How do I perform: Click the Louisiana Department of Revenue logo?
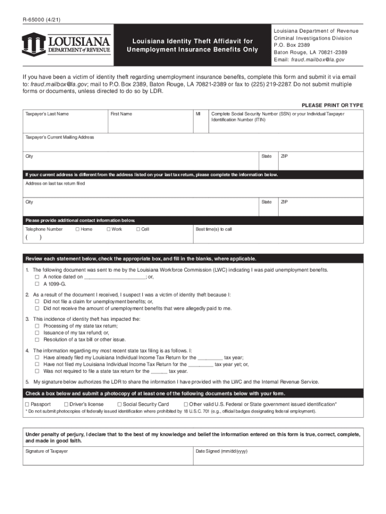click(x=66, y=44)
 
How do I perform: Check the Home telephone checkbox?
click(x=77, y=229)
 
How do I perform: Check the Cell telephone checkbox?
click(x=138, y=229)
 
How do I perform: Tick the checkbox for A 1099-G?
click(x=37, y=284)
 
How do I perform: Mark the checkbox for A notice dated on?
click(x=37, y=277)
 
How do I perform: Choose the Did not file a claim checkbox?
click(x=37, y=302)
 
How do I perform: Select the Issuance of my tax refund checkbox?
click(x=37, y=332)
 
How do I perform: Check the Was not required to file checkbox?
click(x=37, y=371)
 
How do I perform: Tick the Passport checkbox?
click(x=27, y=404)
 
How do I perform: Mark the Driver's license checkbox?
click(x=66, y=404)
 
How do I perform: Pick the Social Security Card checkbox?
click(x=119, y=404)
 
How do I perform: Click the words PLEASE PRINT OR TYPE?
click(x=332, y=105)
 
